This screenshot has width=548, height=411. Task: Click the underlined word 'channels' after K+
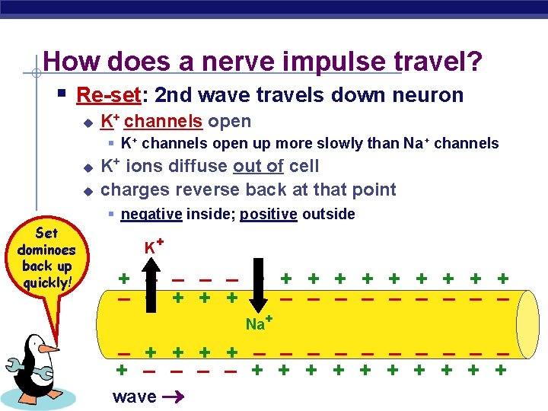point(163,122)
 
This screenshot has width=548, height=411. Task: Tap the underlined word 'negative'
point(151,214)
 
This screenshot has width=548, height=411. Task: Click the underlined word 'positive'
point(268,214)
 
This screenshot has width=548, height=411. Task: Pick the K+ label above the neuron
point(155,247)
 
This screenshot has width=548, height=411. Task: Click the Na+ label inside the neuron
point(259,323)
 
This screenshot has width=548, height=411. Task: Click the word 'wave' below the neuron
point(134,397)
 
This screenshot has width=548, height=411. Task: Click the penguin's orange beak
point(47,349)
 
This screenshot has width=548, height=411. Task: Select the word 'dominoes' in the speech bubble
point(46,250)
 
